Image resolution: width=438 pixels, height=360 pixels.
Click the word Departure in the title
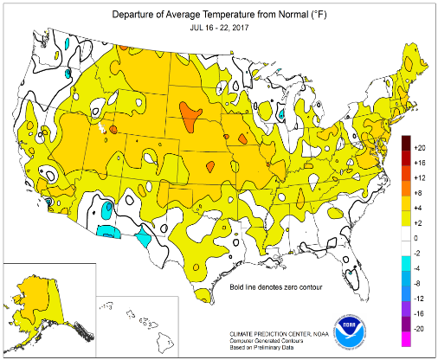(139, 11)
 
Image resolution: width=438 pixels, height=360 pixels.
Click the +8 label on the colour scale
(420, 193)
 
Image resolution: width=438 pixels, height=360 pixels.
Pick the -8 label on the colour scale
(420, 283)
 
